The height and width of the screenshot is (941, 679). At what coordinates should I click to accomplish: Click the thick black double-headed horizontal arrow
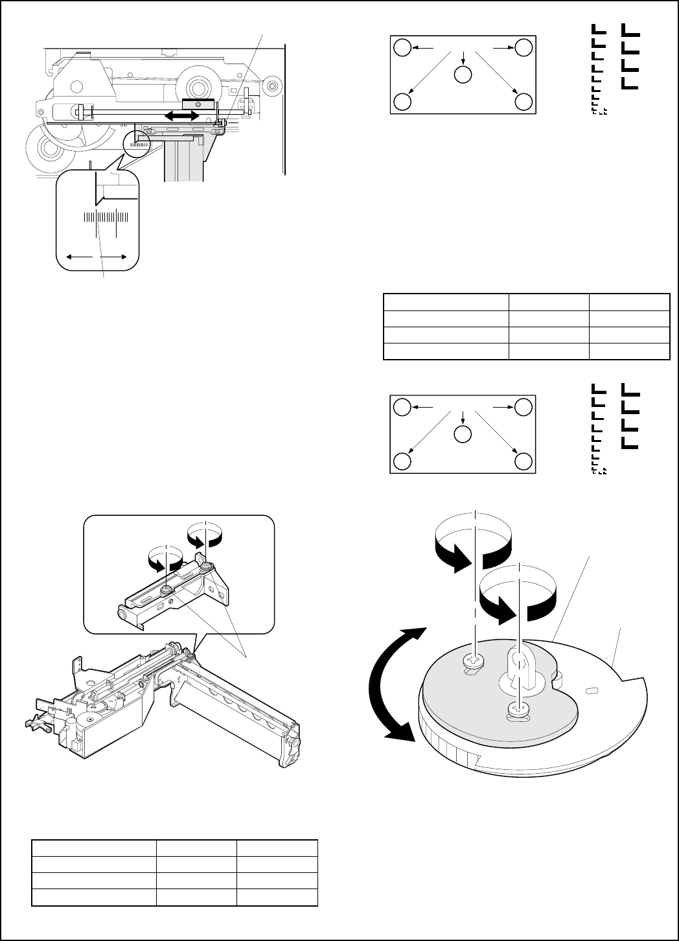(181, 115)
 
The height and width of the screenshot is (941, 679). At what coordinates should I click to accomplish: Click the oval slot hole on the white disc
(590, 691)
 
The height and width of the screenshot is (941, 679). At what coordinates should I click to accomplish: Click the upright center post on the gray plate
(519, 668)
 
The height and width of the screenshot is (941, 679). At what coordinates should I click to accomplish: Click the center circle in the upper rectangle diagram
(463, 75)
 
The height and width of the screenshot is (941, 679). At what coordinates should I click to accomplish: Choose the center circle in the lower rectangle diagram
(463, 434)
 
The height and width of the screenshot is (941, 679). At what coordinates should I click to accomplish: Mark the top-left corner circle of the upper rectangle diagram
(402, 47)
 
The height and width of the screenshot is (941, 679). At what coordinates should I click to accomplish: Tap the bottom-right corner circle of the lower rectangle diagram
(524, 461)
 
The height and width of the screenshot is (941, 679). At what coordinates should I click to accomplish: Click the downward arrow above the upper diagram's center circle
(463, 56)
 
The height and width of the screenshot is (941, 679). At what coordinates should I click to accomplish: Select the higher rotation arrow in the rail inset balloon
(205, 535)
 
